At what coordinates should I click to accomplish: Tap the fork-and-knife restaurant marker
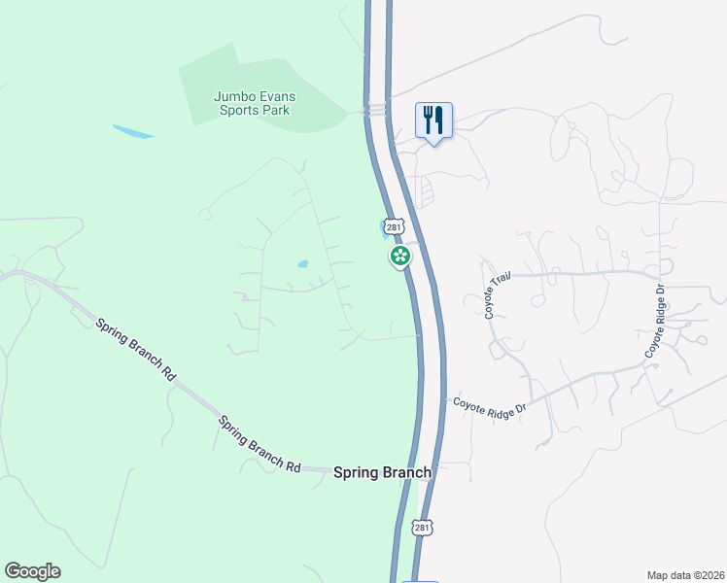(x=433, y=121)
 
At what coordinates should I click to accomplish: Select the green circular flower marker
(x=399, y=257)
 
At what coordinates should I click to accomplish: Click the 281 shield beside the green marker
(x=393, y=226)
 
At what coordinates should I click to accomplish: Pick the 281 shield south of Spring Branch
(x=421, y=528)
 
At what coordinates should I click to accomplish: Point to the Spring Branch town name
(x=382, y=473)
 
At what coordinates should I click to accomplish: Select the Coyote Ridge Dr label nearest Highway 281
(x=488, y=405)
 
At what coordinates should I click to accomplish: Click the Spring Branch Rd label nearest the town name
(x=260, y=444)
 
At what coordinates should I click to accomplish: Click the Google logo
(x=33, y=571)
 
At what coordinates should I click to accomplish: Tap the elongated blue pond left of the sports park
(x=132, y=131)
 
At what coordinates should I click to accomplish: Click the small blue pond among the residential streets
(x=302, y=263)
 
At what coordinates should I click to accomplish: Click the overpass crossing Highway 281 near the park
(x=376, y=112)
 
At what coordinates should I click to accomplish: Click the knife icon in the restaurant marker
(x=439, y=120)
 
